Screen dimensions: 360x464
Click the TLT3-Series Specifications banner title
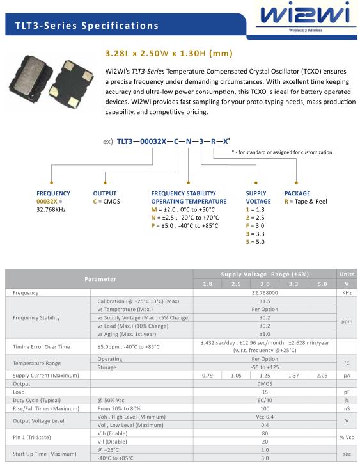click(x=87, y=26)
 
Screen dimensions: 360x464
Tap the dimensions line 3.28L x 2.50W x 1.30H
click(x=169, y=54)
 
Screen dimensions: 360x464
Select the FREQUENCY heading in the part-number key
click(x=53, y=193)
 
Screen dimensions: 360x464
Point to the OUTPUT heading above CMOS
click(x=105, y=193)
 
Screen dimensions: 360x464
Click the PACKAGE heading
click(x=297, y=193)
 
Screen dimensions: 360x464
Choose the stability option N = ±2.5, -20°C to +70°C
click(x=185, y=218)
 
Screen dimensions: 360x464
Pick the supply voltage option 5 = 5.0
click(x=255, y=242)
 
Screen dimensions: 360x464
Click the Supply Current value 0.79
click(x=207, y=375)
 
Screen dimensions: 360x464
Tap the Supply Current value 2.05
click(x=322, y=375)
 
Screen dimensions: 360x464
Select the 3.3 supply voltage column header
click(x=293, y=284)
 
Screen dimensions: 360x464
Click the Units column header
click(x=347, y=275)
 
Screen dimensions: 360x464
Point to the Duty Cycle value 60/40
click(x=265, y=400)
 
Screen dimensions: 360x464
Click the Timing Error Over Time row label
click(x=42, y=346)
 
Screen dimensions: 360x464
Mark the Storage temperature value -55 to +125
click(x=265, y=367)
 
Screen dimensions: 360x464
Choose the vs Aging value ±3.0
click(x=265, y=334)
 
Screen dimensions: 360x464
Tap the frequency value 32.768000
click(x=265, y=292)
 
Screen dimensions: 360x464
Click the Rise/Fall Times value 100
click(x=265, y=408)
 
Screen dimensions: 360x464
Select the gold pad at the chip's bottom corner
click(x=73, y=102)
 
